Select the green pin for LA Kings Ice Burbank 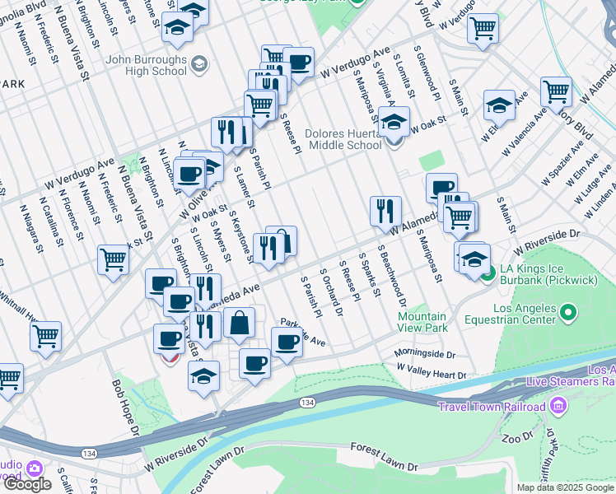pyautogui.click(x=488, y=271)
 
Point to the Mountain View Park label pyautogui.click(x=422, y=322)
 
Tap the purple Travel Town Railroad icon pyautogui.click(x=558, y=407)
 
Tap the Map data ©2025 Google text pyautogui.click(x=565, y=487)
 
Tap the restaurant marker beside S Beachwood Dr pyautogui.click(x=385, y=212)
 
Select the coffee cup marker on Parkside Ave pyautogui.click(x=287, y=341)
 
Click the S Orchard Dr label pyautogui.click(x=331, y=292)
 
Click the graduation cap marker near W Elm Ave pyautogui.click(x=499, y=105)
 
